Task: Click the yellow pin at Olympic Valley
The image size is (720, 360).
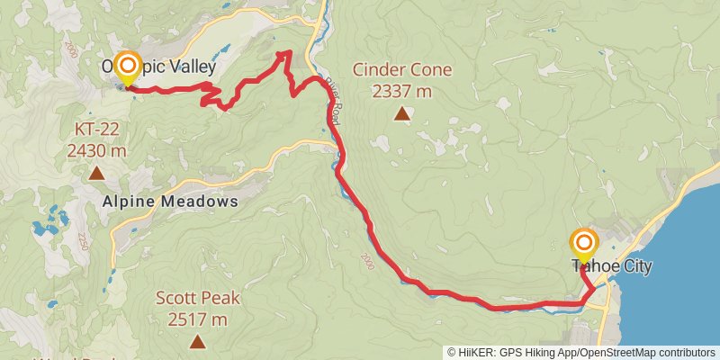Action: click(128, 67)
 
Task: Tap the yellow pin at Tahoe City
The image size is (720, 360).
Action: click(584, 244)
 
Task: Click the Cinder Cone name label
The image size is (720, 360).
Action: click(402, 69)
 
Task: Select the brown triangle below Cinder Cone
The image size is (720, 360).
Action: click(402, 113)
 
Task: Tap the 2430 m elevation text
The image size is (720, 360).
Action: click(96, 150)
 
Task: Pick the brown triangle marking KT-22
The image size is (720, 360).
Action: click(96, 170)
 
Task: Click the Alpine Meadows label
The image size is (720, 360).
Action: click(170, 202)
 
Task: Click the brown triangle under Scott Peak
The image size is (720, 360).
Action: click(197, 341)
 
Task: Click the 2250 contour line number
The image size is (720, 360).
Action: click(82, 241)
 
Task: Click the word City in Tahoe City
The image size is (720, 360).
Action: click(631, 266)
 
